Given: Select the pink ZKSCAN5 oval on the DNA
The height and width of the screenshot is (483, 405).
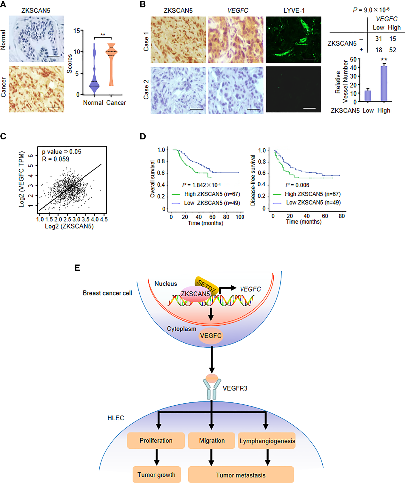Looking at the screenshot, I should [195, 294].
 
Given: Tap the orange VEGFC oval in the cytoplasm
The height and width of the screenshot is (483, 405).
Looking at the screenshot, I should [211, 336].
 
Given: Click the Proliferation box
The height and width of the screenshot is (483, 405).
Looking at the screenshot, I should [156, 441].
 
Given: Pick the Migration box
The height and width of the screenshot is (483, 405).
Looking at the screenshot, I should [212, 441].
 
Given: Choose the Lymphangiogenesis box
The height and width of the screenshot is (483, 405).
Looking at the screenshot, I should [267, 441].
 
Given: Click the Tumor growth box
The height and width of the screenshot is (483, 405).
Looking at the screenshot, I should [156, 475].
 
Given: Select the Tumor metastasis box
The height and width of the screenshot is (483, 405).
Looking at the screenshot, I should [241, 475].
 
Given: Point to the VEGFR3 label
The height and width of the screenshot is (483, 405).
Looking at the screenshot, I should [235, 388].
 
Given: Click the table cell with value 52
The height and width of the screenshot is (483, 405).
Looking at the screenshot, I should [392, 50].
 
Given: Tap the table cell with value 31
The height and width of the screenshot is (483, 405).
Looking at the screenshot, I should [378, 39].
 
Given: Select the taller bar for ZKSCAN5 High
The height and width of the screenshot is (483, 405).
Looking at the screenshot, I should [384, 84].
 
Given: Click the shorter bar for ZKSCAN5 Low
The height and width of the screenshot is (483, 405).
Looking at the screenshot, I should [368, 96].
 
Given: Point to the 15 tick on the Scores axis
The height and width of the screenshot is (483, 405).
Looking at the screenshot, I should [77, 30].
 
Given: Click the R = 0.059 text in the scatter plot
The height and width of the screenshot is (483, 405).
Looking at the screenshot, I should [56, 159].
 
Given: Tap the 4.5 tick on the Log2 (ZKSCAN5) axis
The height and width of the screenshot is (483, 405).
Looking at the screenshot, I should [104, 219].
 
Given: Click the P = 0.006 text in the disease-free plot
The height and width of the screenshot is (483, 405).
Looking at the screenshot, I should [297, 185].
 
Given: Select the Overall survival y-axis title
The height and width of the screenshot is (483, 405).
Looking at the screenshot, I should [153, 179].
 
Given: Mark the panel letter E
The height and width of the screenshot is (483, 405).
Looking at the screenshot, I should [77, 268].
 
